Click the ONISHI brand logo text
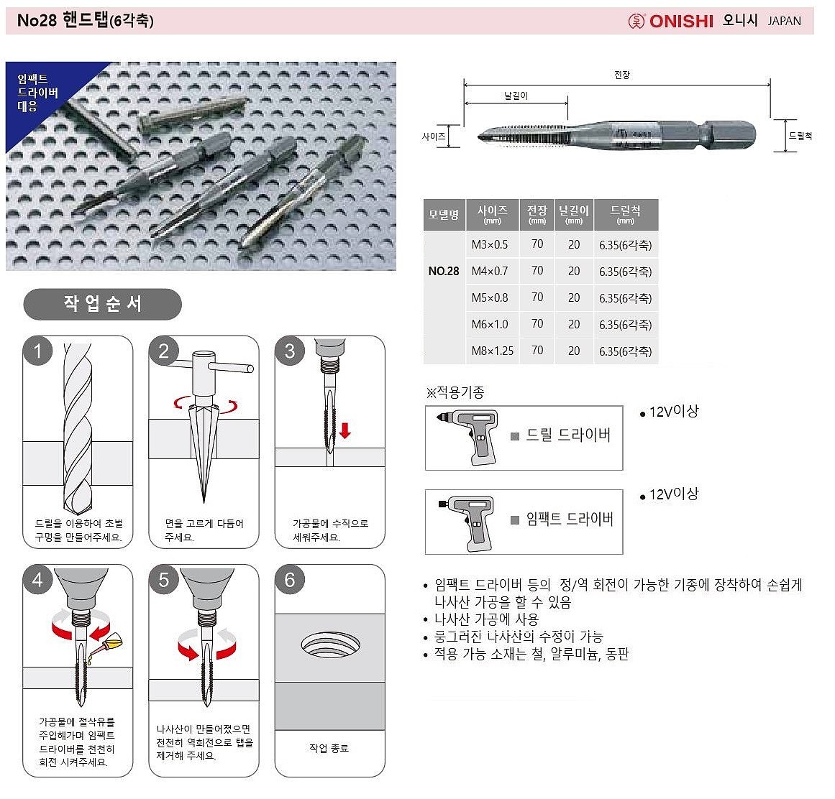click(680, 21)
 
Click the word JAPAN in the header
click(784, 21)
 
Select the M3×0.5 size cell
click(490, 244)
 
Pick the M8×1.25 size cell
click(493, 351)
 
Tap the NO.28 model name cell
click(444, 271)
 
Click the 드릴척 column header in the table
click(625, 213)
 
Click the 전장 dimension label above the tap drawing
click(622, 75)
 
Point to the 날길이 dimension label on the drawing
click(516, 95)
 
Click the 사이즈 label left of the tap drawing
click(434, 136)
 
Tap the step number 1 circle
click(38, 351)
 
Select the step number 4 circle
click(38, 580)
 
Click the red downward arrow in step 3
click(345, 430)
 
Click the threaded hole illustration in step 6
click(329, 644)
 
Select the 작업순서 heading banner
click(102, 304)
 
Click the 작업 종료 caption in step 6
click(329, 748)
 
